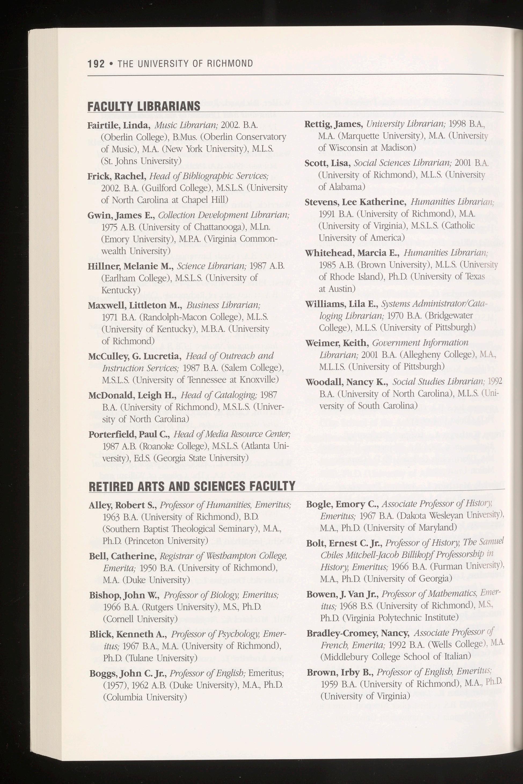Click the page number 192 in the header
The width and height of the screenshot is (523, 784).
click(96, 64)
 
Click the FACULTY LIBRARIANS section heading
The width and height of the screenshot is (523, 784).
click(144, 106)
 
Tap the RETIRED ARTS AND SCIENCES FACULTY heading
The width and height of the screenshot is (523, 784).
click(192, 486)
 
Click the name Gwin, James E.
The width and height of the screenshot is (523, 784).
click(121, 215)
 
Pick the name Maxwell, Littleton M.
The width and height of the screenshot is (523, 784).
click(135, 306)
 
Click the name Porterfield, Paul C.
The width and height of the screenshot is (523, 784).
click(129, 434)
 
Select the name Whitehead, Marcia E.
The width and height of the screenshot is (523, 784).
click(352, 253)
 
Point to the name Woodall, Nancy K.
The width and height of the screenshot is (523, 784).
click(347, 382)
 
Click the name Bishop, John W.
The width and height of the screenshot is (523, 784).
click(125, 595)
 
